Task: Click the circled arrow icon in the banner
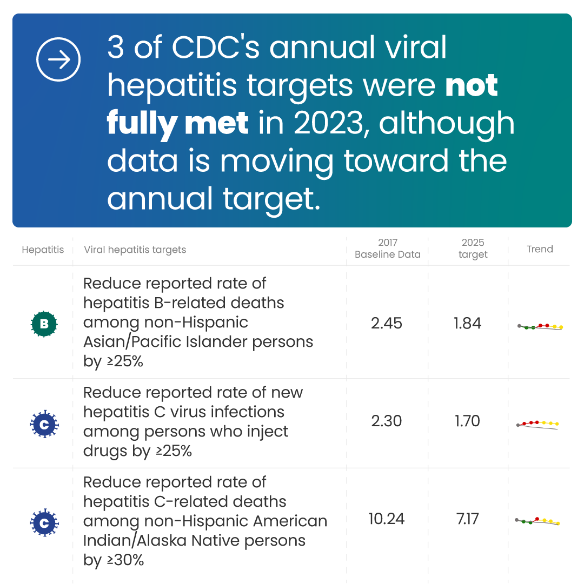click(x=58, y=59)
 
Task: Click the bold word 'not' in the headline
click(x=471, y=86)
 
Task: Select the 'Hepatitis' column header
click(x=43, y=250)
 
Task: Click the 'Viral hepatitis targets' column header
click(x=135, y=250)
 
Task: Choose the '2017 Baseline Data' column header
click(x=387, y=249)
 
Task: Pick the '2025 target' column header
click(x=473, y=249)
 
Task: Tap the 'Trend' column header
click(x=540, y=249)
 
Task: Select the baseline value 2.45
click(x=387, y=323)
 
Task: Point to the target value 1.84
click(x=468, y=323)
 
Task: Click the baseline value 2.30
click(x=387, y=421)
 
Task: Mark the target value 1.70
click(x=468, y=421)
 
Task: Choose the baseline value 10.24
click(x=387, y=519)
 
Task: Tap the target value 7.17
click(x=468, y=519)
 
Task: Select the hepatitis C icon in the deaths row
click(x=44, y=522)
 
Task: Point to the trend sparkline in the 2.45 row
click(x=540, y=326)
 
